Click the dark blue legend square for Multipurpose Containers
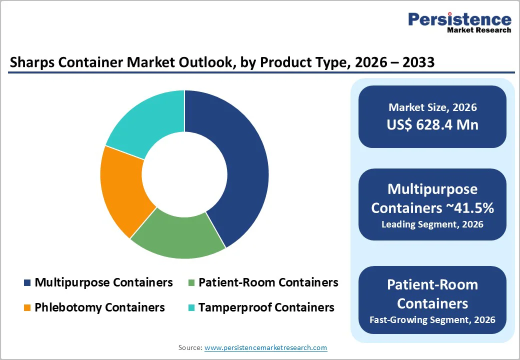[x=27, y=283]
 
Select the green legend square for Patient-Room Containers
[x=191, y=283]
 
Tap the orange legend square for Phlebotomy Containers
[x=27, y=307]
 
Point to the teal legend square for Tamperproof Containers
[x=191, y=307]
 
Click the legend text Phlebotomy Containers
[x=99, y=307]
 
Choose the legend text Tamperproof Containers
[x=266, y=307]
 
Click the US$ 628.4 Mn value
[x=432, y=124]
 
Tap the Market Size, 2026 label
[x=432, y=107]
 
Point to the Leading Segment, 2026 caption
[x=432, y=224]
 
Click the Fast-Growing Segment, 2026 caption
[x=432, y=319]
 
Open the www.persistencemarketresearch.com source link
[x=265, y=347]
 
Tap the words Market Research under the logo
[x=479, y=30]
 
